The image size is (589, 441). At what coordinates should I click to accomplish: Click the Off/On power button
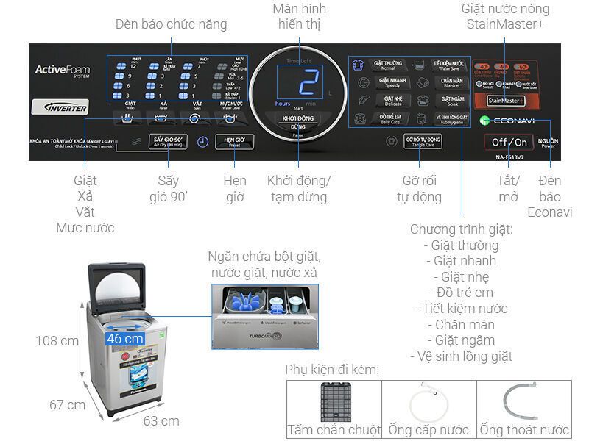509,142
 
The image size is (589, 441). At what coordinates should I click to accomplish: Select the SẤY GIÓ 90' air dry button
166,142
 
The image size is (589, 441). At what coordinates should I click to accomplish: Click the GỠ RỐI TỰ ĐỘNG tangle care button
423,141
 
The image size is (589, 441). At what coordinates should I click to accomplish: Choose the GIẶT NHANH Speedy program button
387,82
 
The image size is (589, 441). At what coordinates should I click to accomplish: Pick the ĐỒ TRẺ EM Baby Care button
387,118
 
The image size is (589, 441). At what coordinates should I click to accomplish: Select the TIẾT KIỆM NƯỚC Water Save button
451,65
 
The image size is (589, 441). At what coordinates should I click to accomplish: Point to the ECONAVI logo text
512,121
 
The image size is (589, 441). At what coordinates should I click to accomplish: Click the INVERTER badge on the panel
64,107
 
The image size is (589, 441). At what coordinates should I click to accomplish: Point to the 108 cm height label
57,340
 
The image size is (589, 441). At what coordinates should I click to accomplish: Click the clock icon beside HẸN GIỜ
202,143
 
